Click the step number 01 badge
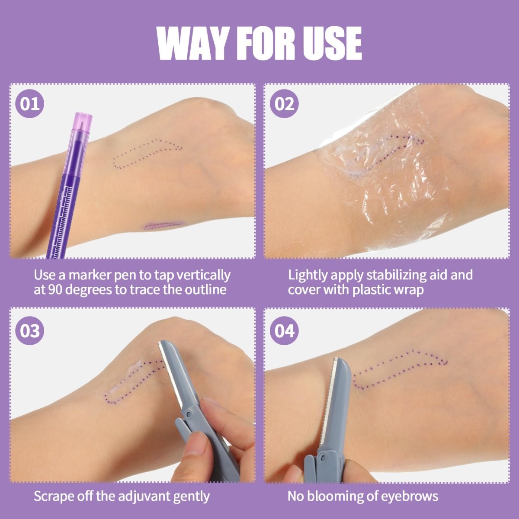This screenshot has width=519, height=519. (30, 104)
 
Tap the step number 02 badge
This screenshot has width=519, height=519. (284, 104)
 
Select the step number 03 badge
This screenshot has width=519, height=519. (30, 331)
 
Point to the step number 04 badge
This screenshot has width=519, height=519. (284, 331)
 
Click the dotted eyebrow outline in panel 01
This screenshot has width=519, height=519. (147, 154)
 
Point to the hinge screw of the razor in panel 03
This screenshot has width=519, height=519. (189, 414)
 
